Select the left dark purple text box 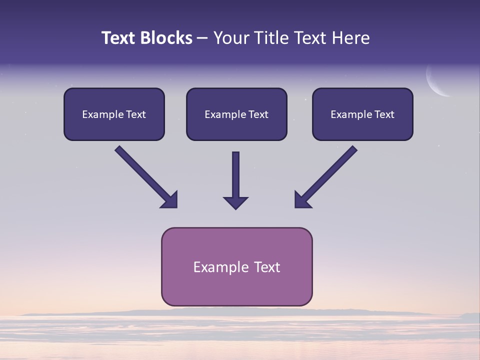click(x=114, y=114)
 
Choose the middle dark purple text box click(x=236, y=114)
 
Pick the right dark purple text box click(x=362, y=114)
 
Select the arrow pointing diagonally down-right click(x=145, y=175)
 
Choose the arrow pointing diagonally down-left click(x=327, y=175)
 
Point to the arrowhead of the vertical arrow click(x=235, y=202)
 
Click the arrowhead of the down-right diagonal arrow click(x=170, y=200)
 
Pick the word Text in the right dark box click(x=384, y=114)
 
